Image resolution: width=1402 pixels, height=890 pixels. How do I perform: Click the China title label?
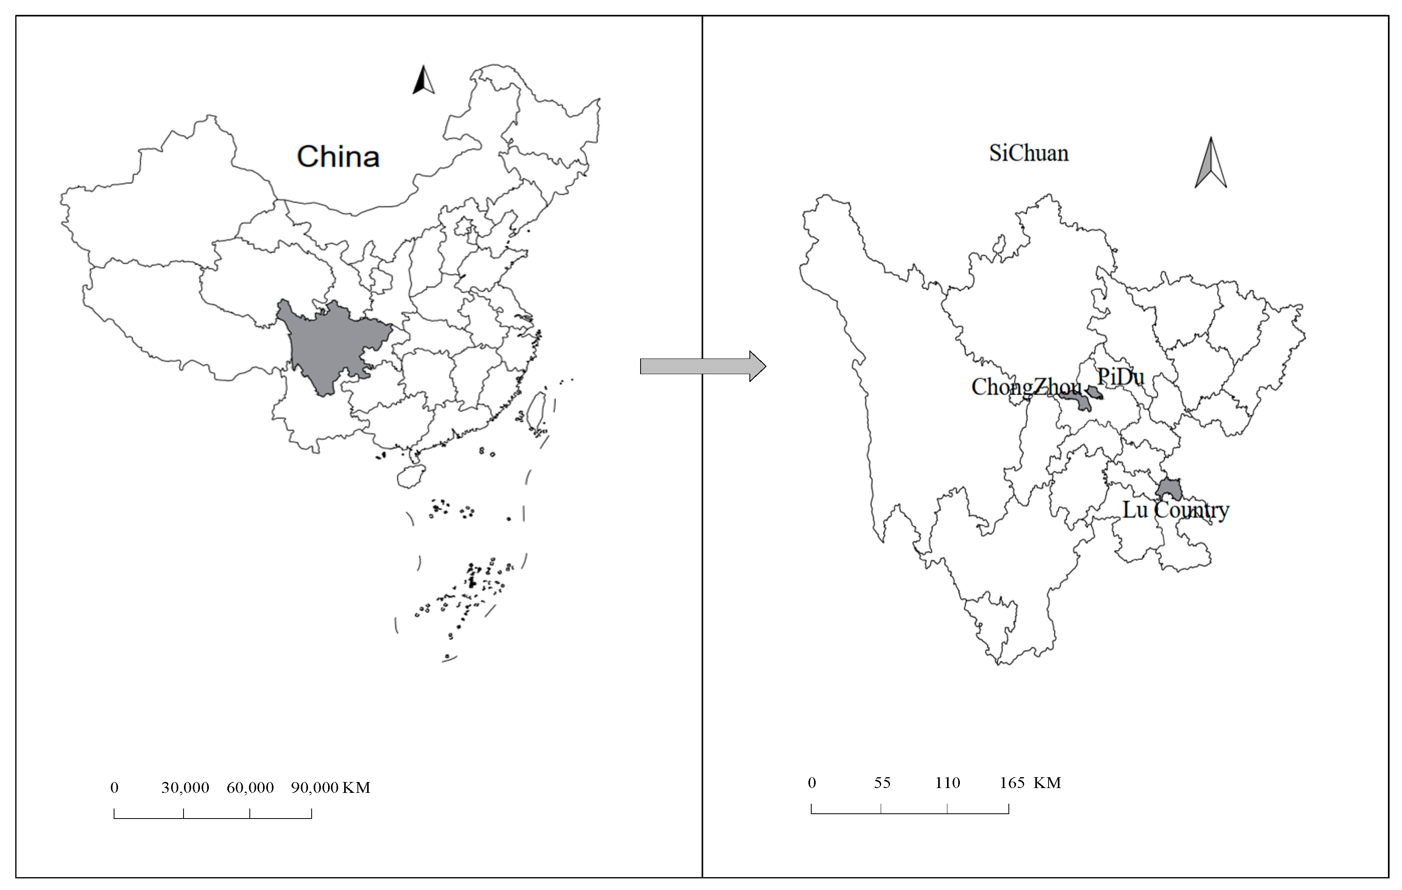338,157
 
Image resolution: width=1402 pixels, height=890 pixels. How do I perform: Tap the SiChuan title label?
1029,153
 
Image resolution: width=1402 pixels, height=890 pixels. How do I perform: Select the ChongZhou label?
1026,387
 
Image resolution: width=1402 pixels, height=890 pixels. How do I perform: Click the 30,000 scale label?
185,788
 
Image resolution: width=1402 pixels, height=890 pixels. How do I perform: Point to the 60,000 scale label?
250,788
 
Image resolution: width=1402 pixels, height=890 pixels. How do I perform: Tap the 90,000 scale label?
314,788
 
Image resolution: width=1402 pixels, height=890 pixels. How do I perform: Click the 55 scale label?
882,783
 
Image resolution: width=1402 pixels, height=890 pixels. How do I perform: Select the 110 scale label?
947,783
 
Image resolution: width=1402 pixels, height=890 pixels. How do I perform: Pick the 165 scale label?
1012,783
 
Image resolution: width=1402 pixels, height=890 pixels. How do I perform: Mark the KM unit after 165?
1047,783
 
